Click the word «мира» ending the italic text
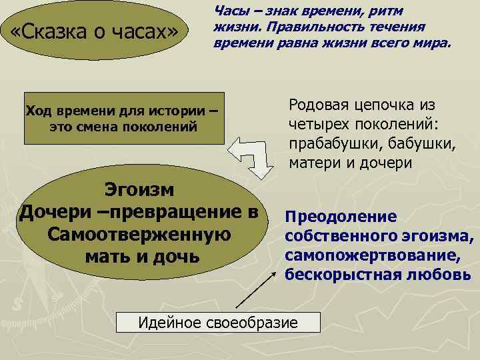point(434,43)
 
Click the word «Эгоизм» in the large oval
point(139,190)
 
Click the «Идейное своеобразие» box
point(217,323)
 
